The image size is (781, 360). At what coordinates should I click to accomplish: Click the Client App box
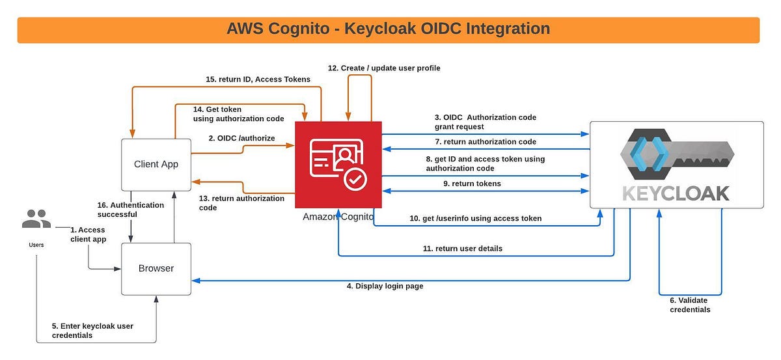(x=156, y=164)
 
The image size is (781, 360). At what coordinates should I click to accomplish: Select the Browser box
(x=156, y=268)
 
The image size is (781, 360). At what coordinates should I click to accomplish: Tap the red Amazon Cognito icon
(x=338, y=164)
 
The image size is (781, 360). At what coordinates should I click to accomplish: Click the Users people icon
(x=36, y=219)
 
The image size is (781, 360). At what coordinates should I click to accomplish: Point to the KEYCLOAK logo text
(x=676, y=193)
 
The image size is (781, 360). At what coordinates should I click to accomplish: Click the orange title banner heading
(x=388, y=29)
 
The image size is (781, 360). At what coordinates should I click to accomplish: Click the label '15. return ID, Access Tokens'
(x=258, y=79)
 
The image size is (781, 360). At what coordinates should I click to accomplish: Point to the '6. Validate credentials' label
(x=690, y=305)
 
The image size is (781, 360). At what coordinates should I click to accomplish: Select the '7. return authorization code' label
(x=486, y=141)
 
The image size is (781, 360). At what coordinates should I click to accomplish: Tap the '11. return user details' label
(x=462, y=249)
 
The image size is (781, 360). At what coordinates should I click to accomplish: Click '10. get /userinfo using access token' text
(x=475, y=219)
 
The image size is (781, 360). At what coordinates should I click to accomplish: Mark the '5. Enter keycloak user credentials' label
(x=92, y=330)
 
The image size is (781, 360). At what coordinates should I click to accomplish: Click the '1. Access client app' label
(x=87, y=234)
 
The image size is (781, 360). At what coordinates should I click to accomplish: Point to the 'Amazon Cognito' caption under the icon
(x=338, y=217)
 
